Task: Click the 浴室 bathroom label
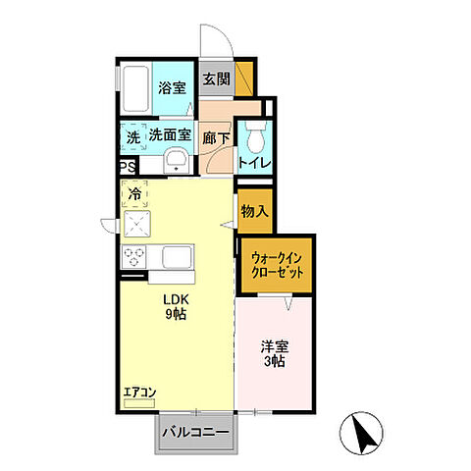pos(172,87)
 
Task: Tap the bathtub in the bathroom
pos(135,88)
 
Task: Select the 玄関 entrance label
pos(216,78)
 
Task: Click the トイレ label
pos(255,163)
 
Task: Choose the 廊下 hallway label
pos(216,138)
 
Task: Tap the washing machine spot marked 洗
pos(133,137)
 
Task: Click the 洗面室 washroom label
pos(170,134)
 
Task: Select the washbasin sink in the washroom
pos(177,161)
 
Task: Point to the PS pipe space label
pos(128,167)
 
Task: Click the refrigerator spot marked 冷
pos(134,194)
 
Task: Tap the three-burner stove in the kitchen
pos(133,257)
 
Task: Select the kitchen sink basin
pos(177,257)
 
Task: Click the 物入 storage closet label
pos(255,211)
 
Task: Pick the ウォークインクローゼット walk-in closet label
pos(277,265)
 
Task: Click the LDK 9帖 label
pos(176,306)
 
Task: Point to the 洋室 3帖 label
pos(275,354)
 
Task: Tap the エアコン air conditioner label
pos(139,392)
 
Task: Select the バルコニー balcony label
pos(196,433)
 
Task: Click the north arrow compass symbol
pos(361,433)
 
